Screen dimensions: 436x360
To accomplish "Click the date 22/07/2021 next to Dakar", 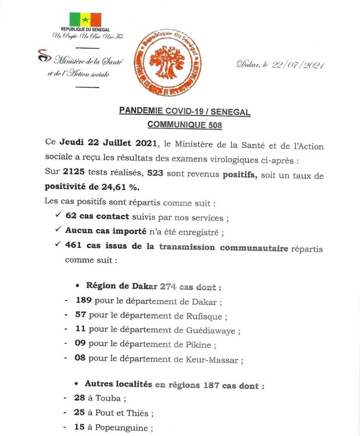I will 300,65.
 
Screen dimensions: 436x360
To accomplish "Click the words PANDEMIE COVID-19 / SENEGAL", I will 184,112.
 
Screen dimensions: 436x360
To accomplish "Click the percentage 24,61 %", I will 123,188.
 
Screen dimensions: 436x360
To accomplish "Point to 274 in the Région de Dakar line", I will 170,286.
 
